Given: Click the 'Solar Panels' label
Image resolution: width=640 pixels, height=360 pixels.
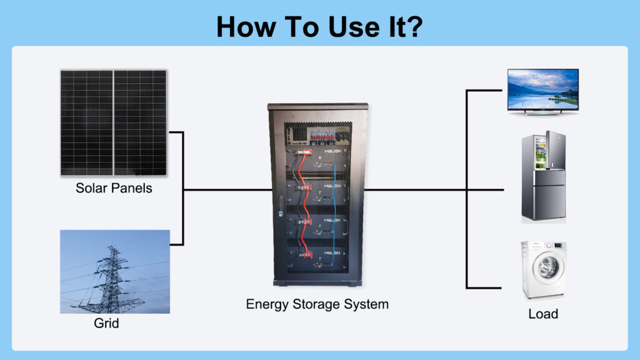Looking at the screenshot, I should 114,188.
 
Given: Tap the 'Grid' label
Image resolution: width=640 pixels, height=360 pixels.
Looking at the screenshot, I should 106,324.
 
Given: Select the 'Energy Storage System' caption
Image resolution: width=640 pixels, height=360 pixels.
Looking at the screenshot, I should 317,304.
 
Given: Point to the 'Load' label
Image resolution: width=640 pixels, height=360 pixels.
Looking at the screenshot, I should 543,314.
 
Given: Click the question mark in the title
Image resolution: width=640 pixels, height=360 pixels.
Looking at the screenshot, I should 414,27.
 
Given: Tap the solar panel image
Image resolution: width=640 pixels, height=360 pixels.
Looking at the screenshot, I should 114,122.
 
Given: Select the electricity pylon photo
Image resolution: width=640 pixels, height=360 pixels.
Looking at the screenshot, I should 115,271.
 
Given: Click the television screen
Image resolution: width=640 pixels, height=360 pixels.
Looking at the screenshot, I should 542,89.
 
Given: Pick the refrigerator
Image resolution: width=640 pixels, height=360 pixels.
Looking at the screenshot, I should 544,177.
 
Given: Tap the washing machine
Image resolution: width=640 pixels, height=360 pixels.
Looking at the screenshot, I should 544,270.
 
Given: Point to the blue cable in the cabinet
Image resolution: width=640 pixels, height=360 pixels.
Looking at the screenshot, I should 337,206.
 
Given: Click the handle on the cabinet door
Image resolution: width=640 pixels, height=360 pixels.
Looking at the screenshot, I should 281,206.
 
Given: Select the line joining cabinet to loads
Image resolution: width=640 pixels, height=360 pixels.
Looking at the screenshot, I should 416,189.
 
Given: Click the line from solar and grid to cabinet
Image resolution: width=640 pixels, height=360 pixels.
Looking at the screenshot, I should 225,189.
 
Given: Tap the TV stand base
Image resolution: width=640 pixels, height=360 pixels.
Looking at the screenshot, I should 542,112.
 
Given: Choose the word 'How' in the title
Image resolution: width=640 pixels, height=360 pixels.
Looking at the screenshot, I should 244,27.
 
